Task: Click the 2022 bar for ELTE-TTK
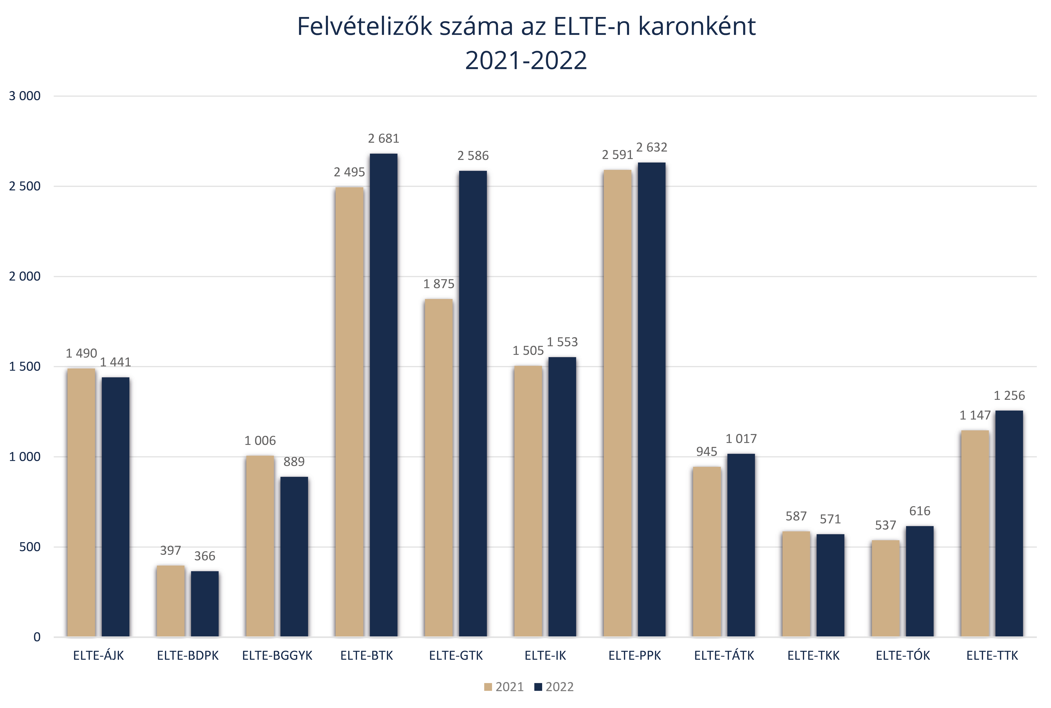[x=1009, y=524]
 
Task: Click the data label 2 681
[x=384, y=139]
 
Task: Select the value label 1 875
[x=439, y=284]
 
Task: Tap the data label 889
[x=294, y=461]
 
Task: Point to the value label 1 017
[x=741, y=438]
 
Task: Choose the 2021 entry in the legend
[x=504, y=687]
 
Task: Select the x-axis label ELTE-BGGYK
[x=277, y=656]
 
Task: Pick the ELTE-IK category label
[x=545, y=656]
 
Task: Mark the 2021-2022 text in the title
[x=526, y=60]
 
